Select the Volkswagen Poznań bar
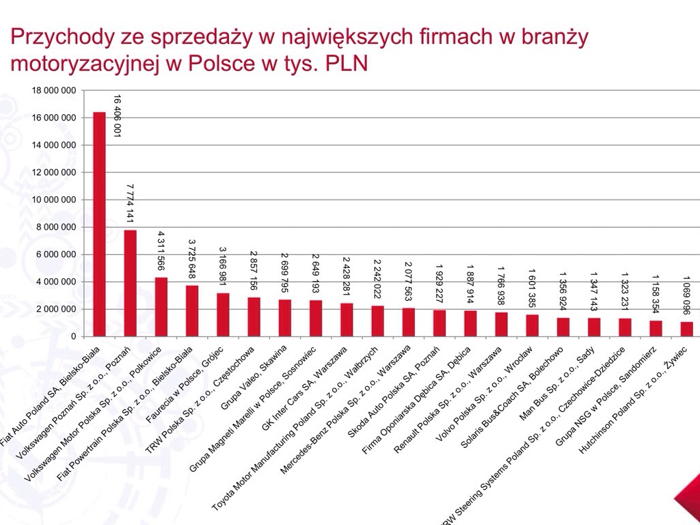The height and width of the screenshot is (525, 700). (130, 283)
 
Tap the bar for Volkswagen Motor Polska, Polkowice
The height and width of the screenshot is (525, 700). (161, 307)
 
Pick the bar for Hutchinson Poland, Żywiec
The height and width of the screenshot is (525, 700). (686, 329)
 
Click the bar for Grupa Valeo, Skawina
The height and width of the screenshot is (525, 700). (285, 318)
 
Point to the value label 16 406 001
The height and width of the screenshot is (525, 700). (117, 116)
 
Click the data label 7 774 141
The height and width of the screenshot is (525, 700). (129, 203)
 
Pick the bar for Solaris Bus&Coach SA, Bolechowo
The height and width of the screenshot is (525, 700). (563, 327)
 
